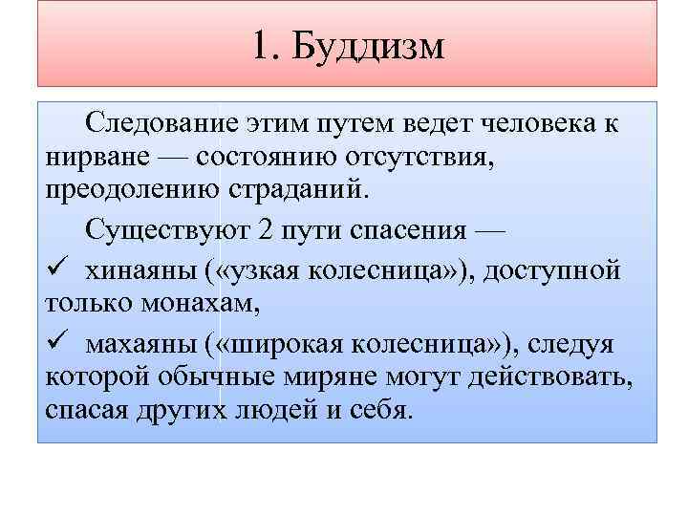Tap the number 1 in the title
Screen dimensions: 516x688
coord(265,47)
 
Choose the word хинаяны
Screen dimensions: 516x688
coord(140,271)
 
